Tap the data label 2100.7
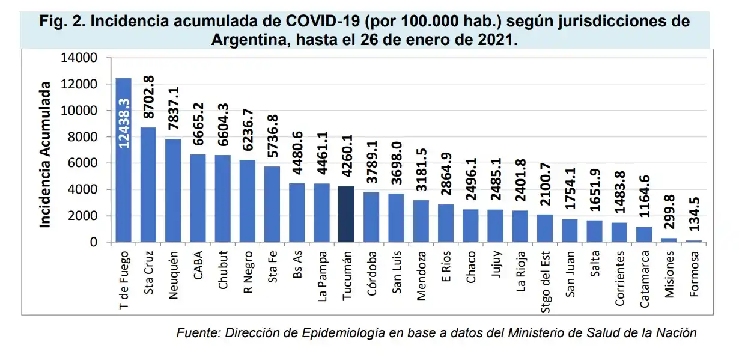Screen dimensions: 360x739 pos(546,186)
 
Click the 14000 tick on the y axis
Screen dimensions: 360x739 pos(79,58)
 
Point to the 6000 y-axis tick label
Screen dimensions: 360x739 pos(82,163)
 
